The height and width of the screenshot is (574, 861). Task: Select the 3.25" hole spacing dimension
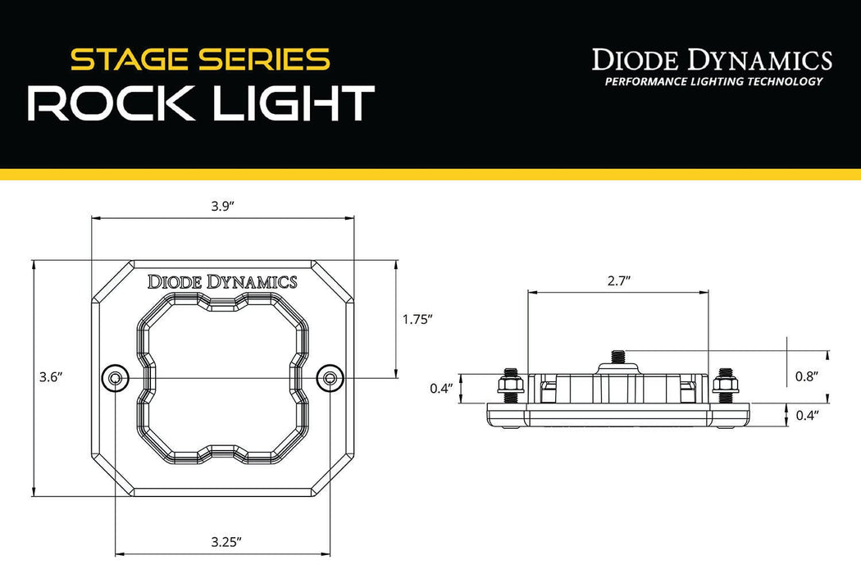225,541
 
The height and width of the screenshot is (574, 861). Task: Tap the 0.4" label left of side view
441,389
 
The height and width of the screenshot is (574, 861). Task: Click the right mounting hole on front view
330,378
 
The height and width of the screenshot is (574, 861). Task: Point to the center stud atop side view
617,358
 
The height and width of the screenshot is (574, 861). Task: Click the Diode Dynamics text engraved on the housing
221,282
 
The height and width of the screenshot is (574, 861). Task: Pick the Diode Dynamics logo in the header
712,60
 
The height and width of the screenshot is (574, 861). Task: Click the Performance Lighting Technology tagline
713,81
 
